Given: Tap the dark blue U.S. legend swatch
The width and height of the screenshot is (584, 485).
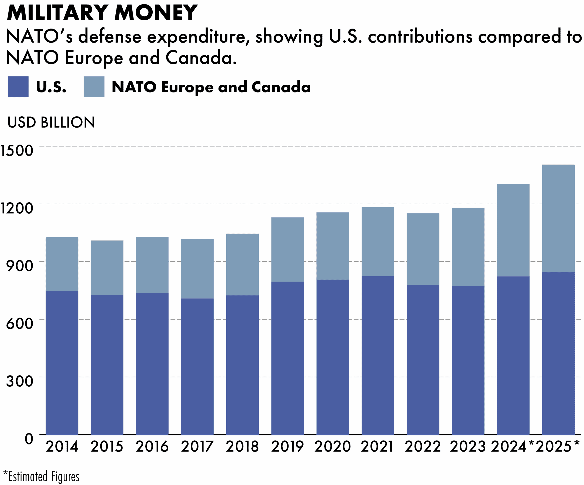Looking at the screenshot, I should tap(18, 87).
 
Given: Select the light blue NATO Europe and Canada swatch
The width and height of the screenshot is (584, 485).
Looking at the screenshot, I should tap(94, 87).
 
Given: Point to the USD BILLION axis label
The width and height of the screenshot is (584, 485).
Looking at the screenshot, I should tap(51, 122).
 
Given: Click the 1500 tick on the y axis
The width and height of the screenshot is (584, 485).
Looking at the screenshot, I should tap(17, 151).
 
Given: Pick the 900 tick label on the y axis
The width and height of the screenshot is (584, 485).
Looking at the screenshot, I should tap(19, 266).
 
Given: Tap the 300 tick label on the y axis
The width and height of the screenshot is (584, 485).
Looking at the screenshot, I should tap(19, 381).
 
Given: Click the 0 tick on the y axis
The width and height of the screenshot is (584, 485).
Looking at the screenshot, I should tap(29, 439).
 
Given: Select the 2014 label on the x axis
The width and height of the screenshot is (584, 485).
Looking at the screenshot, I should tap(62, 447).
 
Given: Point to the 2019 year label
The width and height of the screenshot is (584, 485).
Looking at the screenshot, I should tap(287, 447).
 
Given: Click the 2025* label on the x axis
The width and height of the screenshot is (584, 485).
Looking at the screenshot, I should tap(558, 447).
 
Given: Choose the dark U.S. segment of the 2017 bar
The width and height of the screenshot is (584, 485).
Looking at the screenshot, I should tap(197, 367).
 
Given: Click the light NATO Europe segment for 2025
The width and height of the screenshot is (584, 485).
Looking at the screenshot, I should tap(558, 218).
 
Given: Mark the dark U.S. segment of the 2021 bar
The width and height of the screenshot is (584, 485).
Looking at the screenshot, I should tap(378, 356).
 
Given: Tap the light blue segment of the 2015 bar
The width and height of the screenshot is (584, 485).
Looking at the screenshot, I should tap(107, 267).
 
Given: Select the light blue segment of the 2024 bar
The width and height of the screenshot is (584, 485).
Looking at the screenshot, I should tap(513, 230).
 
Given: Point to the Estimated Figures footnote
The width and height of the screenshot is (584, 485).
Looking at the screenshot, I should tap(42, 477).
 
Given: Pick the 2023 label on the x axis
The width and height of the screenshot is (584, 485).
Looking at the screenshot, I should tap(468, 447).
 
